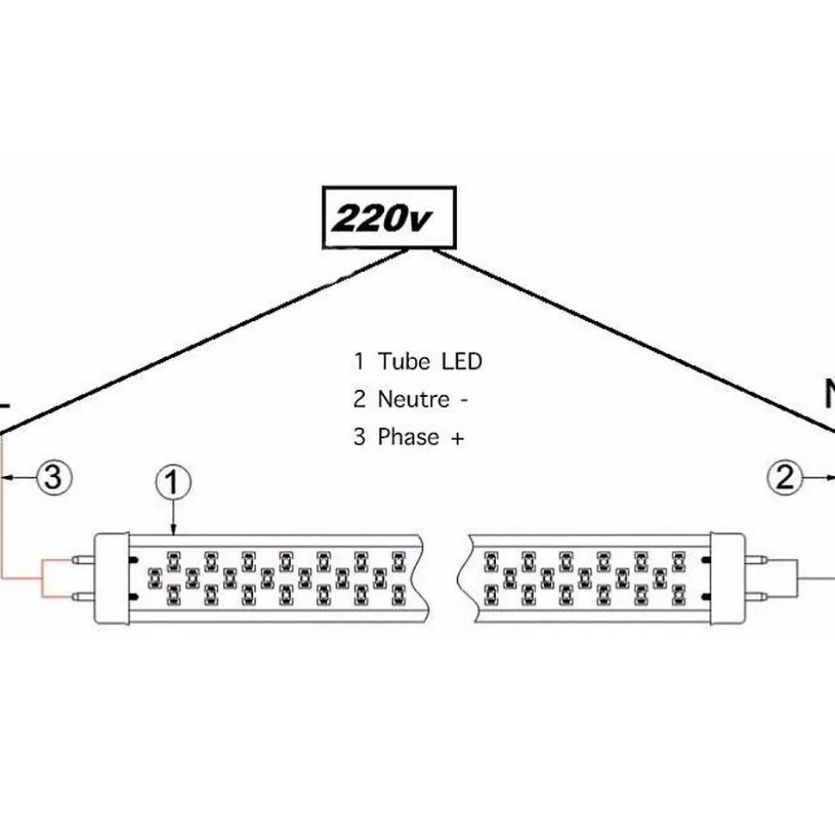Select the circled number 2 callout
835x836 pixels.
pyautogui.click(x=785, y=477)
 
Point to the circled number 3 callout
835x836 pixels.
pyautogui.click(x=53, y=477)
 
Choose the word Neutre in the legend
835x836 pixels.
pyautogui.click(x=413, y=399)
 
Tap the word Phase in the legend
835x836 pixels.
pyautogui.click(x=408, y=437)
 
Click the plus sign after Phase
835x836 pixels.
pyautogui.click(x=457, y=437)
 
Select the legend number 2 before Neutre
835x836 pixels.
pyautogui.click(x=359, y=399)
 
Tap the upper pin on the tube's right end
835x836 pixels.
pyautogui.click(x=758, y=559)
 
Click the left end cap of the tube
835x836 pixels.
pyautogui.click(x=112, y=577)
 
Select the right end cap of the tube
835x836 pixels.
pyautogui.click(x=727, y=577)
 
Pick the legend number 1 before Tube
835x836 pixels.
pyautogui.click(x=359, y=361)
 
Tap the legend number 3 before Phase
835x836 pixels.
pyautogui.click(x=359, y=437)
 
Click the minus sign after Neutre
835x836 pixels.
pyautogui.click(x=466, y=399)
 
